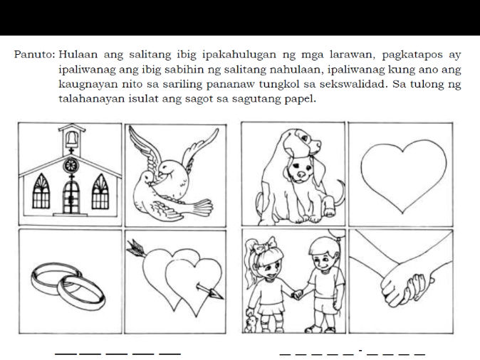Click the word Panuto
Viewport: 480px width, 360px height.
(33, 54)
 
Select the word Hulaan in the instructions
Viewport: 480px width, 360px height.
(80, 54)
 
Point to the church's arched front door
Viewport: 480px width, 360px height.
(71, 194)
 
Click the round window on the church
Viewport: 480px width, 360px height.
(71, 166)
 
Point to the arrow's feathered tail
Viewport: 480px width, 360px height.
(134, 247)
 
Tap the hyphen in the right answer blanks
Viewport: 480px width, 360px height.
(361, 350)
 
